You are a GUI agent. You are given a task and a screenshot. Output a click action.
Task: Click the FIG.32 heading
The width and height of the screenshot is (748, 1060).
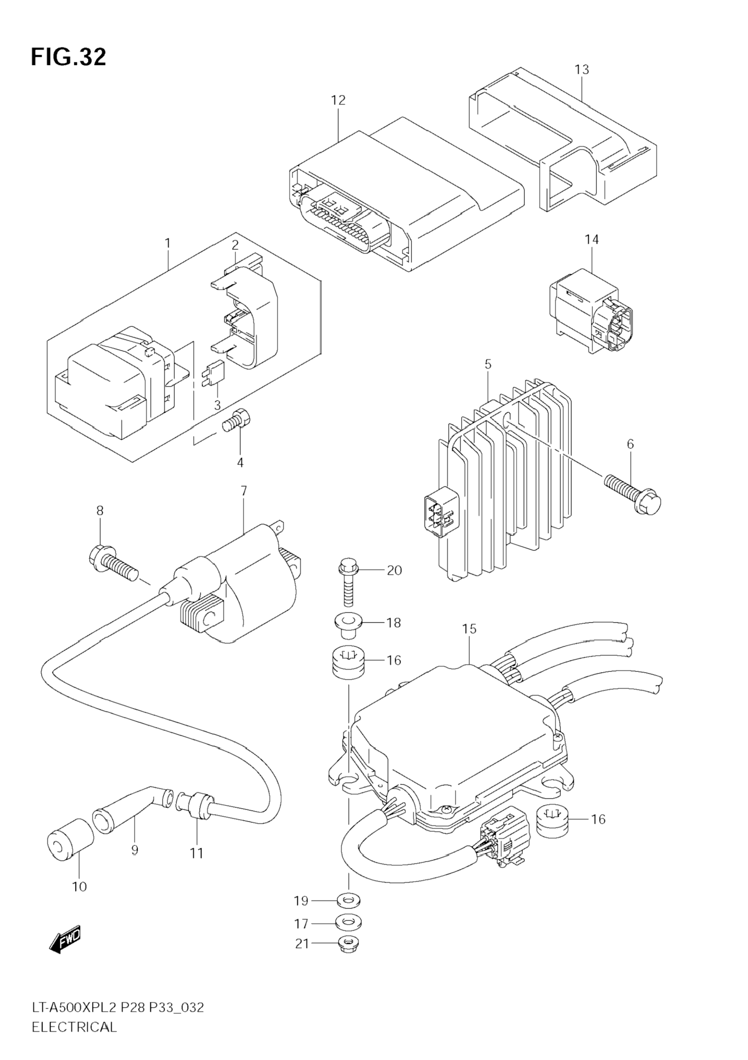tap(68, 57)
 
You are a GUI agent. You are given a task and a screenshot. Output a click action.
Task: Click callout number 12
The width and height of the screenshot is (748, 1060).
tap(338, 100)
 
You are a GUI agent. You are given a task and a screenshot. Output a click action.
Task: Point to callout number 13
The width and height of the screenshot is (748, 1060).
tap(582, 70)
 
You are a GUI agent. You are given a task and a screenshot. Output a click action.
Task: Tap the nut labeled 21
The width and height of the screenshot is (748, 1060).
tap(349, 945)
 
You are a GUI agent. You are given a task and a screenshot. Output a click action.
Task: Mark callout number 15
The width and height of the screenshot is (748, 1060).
tap(469, 629)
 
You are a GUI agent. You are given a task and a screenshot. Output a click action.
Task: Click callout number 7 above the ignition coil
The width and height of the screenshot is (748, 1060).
tap(244, 491)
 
